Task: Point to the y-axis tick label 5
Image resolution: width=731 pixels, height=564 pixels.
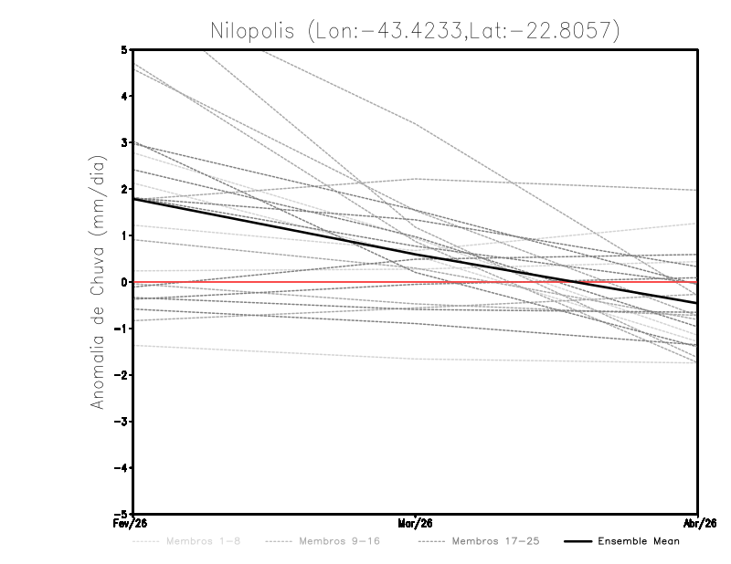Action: (123, 49)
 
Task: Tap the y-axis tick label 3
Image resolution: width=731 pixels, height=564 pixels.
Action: (123, 142)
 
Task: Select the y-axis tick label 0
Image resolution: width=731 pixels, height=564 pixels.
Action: (123, 282)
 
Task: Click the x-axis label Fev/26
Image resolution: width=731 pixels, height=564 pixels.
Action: (133, 524)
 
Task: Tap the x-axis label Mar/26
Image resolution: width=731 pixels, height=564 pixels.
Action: (416, 524)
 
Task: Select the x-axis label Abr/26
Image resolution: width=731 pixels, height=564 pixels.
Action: (698, 524)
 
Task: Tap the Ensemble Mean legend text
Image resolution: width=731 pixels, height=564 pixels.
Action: (638, 541)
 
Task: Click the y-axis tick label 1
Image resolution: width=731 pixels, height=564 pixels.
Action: (123, 235)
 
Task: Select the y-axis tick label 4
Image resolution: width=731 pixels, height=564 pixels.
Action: (123, 96)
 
